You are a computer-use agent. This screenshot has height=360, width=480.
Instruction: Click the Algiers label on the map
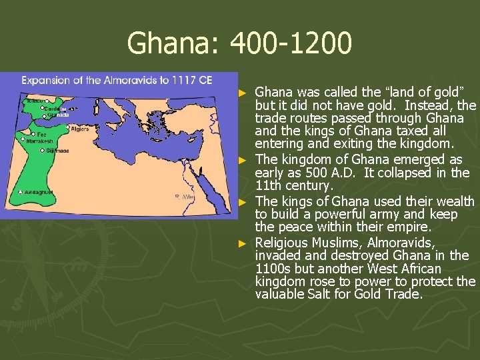click(x=79, y=129)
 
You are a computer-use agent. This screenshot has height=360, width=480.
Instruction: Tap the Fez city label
click(x=42, y=134)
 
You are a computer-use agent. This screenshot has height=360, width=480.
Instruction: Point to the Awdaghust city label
click(x=39, y=192)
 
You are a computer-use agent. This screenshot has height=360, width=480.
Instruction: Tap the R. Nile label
click(x=183, y=197)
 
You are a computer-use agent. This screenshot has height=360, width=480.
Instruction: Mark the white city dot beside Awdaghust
click(x=21, y=192)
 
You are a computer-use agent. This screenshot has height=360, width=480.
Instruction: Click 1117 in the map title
click(x=184, y=80)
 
